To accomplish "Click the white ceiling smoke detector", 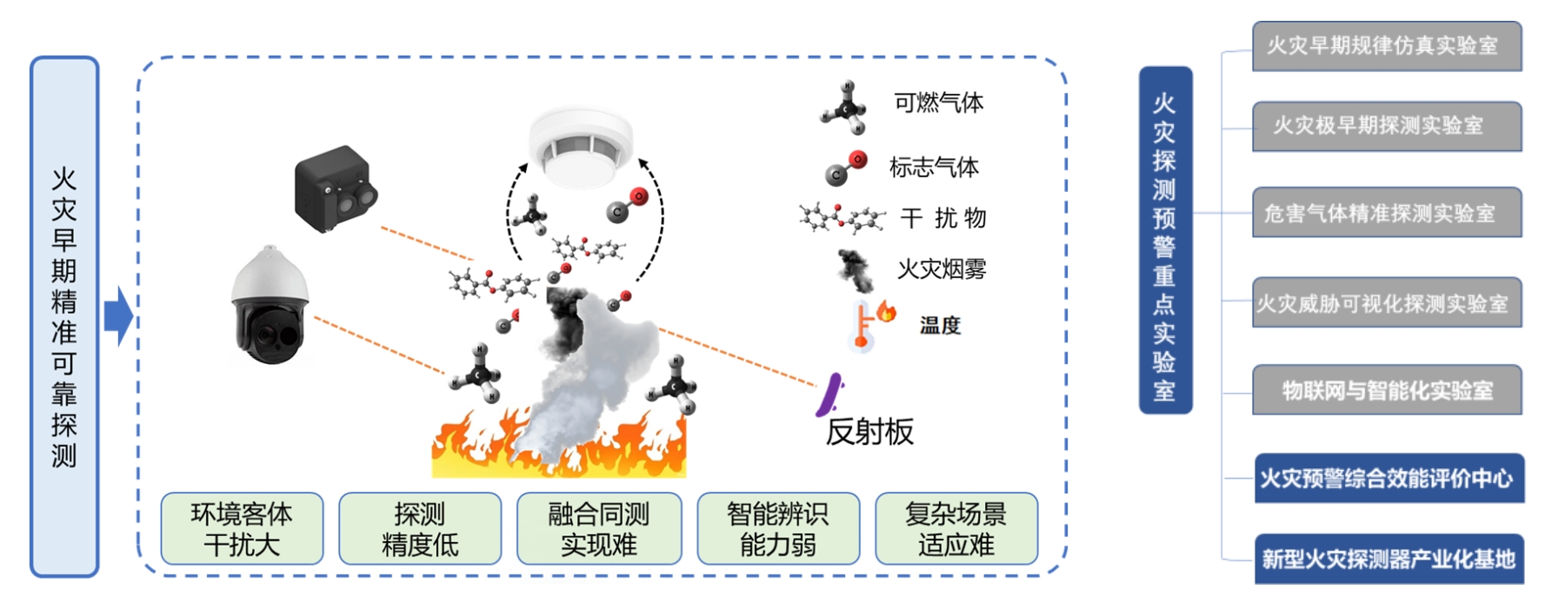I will (581, 146).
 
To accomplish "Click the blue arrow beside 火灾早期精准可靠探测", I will (118, 316).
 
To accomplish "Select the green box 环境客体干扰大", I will (242, 529).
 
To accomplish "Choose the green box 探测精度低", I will (420, 529).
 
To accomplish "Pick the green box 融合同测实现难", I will (599, 529).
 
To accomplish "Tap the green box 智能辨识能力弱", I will (778, 529).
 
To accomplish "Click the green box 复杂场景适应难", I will (956, 529).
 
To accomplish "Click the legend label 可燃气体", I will (938, 103).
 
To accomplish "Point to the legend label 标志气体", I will (934, 167).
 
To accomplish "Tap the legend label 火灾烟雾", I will (942, 269).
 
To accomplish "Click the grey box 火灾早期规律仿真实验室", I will (1386, 46).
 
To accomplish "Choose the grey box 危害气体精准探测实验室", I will (1386, 213).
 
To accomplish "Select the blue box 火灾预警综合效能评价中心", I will (1389, 478).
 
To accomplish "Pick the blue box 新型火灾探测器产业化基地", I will (1389, 559).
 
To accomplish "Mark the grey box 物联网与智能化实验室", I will (1386, 390).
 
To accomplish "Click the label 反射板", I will (869, 432).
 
